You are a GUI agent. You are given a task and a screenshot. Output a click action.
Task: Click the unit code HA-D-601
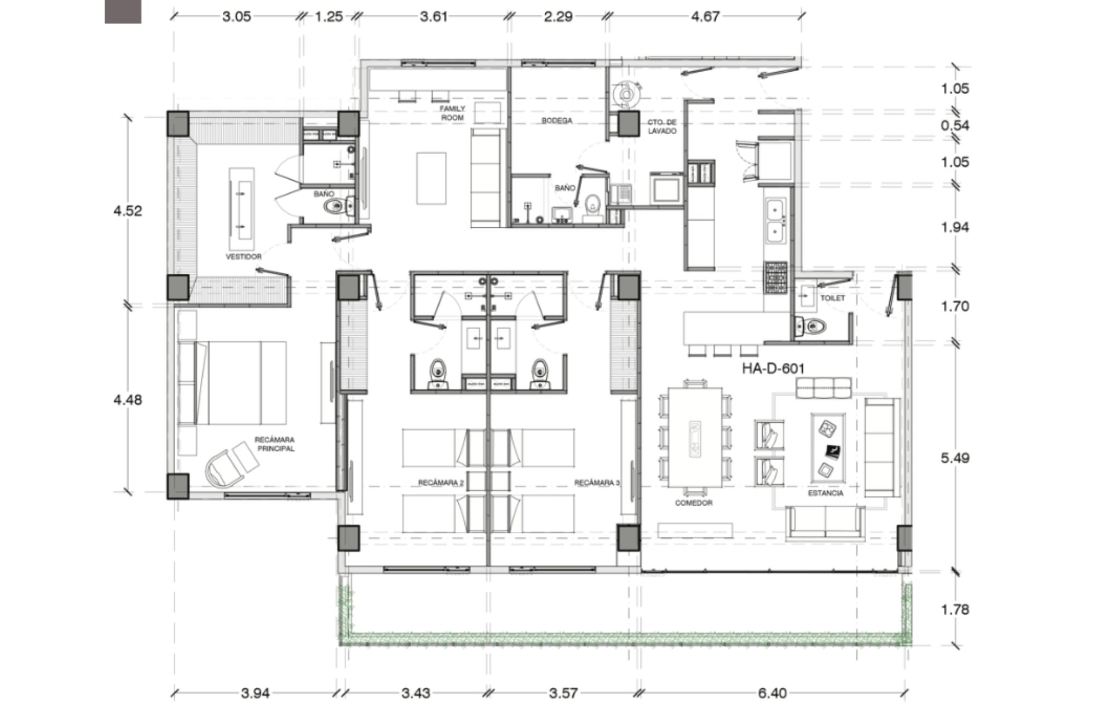click(773, 369)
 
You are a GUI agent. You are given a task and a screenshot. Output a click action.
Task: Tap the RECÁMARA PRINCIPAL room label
click(274, 444)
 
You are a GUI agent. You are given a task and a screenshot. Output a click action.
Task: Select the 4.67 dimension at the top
click(705, 16)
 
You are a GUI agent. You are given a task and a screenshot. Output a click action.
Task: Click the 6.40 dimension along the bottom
click(772, 693)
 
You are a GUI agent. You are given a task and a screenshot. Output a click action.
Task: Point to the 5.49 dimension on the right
click(955, 458)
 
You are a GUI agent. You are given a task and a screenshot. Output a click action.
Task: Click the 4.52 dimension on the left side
click(128, 211)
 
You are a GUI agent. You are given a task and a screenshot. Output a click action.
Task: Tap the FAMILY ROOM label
click(452, 113)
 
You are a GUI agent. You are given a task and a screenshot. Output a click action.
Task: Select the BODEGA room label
click(557, 120)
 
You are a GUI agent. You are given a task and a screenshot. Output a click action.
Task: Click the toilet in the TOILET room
click(810, 326)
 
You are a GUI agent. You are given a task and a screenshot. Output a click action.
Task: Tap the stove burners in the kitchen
click(776, 277)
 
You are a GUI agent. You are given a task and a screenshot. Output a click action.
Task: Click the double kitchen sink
click(776, 221)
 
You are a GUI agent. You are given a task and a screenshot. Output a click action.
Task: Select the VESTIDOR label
click(244, 256)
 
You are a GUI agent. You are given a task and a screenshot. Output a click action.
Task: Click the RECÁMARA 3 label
click(597, 483)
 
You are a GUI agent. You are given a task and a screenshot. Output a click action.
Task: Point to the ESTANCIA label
click(826, 493)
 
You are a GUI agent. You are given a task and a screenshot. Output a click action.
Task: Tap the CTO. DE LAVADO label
click(662, 127)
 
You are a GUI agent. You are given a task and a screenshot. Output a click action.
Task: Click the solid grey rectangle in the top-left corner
click(123, 12)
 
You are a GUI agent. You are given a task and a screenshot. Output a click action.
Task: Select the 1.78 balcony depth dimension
click(955, 609)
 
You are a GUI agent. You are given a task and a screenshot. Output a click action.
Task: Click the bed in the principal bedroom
click(241, 383)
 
